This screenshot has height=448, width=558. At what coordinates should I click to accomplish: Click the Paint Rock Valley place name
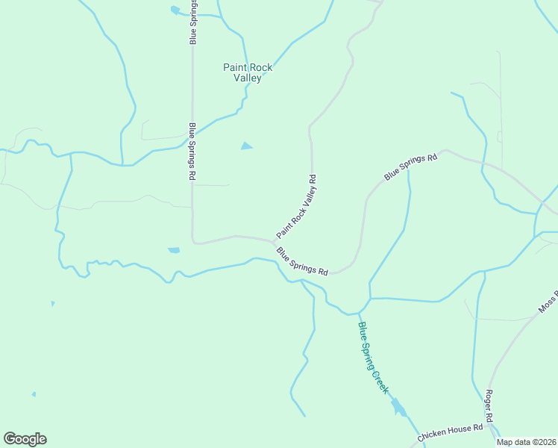(248, 72)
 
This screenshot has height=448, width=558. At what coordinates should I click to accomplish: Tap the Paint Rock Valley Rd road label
(297, 206)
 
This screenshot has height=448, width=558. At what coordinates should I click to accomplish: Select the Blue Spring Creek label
(373, 358)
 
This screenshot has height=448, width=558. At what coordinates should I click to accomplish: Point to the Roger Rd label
(490, 406)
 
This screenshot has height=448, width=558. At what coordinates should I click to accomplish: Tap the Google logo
(25, 439)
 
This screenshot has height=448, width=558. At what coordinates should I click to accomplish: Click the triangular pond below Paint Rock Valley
(246, 146)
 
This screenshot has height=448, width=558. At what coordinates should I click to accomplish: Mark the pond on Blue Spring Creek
(399, 408)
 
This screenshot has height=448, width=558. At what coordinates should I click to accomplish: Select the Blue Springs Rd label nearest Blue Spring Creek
(303, 262)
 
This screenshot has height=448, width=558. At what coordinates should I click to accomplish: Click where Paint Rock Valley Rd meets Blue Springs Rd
(273, 241)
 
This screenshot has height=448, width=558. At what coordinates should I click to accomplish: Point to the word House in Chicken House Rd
(457, 432)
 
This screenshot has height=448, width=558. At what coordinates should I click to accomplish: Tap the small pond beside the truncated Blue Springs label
(175, 10)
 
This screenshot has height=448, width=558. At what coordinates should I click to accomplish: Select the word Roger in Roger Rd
(490, 401)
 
